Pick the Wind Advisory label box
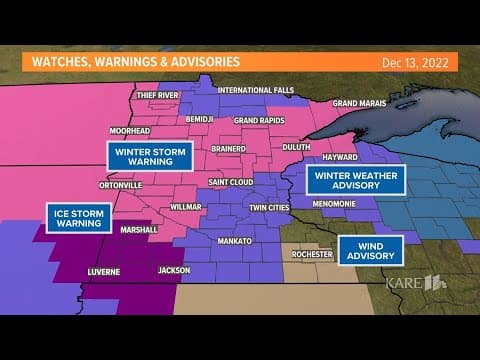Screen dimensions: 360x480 click(x=370, y=247)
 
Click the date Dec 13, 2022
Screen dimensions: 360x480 click(x=413, y=62)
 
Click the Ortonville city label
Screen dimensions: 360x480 click(x=119, y=185)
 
